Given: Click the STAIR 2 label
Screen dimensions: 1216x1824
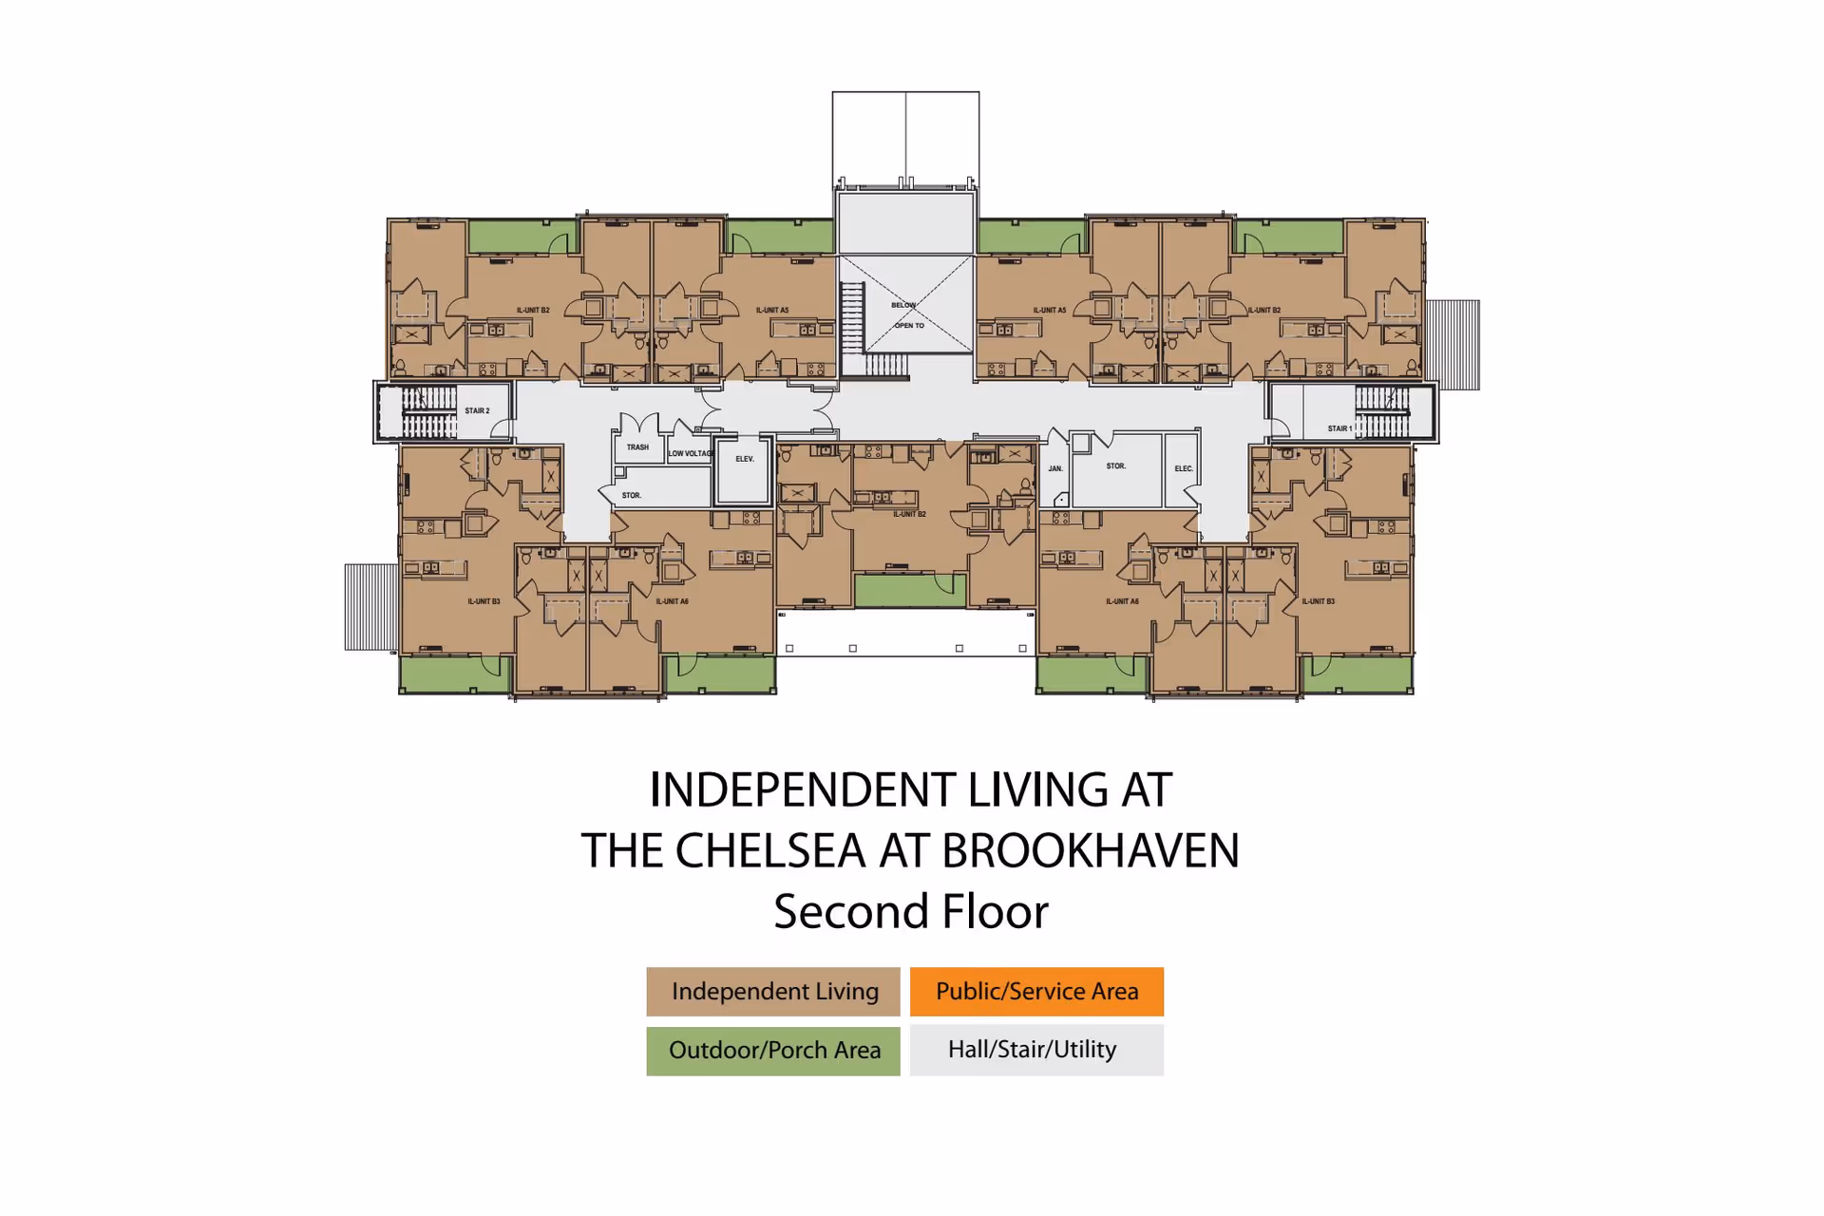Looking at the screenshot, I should [x=477, y=410].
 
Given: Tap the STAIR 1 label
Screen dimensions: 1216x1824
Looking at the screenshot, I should [x=1339, y=428].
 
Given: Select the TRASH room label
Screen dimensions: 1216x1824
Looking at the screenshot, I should [x=637, y=446].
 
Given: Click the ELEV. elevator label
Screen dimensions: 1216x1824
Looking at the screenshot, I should [x=745, y=459].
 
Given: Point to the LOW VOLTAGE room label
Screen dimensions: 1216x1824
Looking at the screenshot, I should [x=691, y=453].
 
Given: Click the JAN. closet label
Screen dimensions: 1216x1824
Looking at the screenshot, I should [x=1055, y=468].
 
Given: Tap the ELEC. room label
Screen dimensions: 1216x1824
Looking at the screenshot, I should [x=1183, y=468].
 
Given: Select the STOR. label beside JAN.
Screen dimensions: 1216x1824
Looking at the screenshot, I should [x=1116, y=466].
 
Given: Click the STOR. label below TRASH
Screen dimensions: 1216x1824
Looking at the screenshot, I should [x=632, y=495].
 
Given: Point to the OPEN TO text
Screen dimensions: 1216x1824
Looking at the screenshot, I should [x=909, y=325].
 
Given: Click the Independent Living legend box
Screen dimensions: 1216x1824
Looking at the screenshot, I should [x=773, y=992].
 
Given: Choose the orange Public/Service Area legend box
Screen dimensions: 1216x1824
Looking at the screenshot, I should [x=1036, y=992].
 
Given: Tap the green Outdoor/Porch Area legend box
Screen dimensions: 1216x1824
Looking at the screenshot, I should [x=773, y=1050].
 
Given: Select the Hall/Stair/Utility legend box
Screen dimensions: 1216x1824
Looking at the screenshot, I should [x=1036, y=1050].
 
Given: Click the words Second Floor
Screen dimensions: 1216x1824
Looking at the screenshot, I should [x=910, y=912].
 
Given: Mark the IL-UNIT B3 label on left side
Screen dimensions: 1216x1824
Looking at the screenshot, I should [x=484, y=601].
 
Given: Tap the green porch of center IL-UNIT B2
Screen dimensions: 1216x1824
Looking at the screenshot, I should [x=910, y=591].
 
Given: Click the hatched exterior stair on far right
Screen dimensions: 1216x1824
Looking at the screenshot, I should [x=1453, y=345].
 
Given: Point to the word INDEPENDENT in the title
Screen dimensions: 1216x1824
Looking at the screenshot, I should [x=804, y=790].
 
